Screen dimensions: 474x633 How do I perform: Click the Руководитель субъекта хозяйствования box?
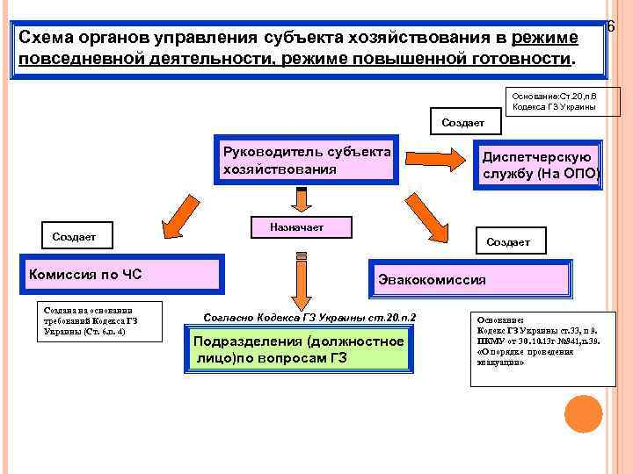(x=309, y=160)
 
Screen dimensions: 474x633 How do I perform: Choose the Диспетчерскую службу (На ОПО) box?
(x=538, y=164)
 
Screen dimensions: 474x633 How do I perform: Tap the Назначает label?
(x=300, y=227)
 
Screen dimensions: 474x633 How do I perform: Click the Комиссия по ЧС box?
(x=122, y=274)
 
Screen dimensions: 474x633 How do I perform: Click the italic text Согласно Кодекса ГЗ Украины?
(x=309, y=317)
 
